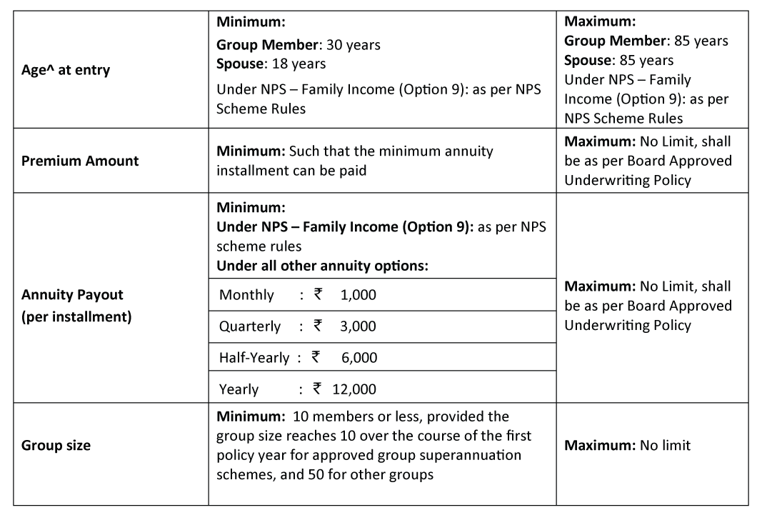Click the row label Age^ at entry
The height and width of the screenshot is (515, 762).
[66, 70]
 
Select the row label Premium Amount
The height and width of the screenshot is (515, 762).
[80, 161]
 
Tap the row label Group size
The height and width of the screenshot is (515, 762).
[56, 445]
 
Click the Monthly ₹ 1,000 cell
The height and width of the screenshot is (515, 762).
[297, 294]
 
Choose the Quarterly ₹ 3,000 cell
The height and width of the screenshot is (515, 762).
[297, 326]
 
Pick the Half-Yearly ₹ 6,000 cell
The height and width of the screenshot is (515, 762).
[298, 357]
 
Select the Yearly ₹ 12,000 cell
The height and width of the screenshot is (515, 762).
[297, 389]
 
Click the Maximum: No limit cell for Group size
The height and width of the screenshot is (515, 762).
[627, 445]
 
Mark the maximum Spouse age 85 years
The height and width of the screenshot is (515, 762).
[647, 60]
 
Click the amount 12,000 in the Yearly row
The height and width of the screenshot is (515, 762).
[354, 389]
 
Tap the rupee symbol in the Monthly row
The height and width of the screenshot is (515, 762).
[319, 294]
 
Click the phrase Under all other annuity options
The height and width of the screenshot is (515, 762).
[322, 265]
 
